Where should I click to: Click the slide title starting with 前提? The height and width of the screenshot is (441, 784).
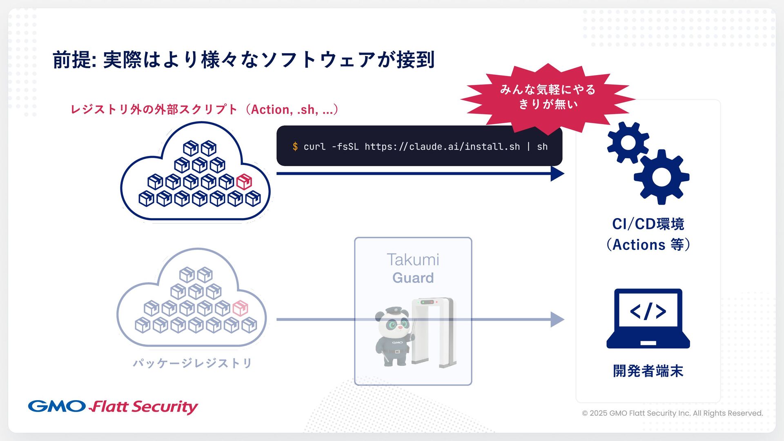[243, 60]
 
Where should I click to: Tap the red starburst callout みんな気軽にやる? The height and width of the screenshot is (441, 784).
[548, 97]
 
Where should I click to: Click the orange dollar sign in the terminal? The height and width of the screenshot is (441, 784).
[295, 147]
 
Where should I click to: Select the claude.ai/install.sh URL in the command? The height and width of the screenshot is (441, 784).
[442, 147]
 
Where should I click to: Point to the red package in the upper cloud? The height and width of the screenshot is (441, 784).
[244, 182]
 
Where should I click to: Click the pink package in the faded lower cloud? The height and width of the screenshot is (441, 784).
[240, 308]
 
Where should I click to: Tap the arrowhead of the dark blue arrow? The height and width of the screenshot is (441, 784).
[557, 174]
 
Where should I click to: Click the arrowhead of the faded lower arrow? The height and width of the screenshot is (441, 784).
[557, 319]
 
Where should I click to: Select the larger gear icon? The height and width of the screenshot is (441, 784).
[661, 177]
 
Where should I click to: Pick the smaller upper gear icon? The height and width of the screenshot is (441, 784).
[628, 143]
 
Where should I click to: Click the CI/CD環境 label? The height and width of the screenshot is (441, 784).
[648, 224]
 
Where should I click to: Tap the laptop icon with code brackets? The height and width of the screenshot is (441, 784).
[648, 318]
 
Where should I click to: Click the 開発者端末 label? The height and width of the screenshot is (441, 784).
[648, 371]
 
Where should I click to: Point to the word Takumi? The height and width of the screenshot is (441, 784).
[413, 260]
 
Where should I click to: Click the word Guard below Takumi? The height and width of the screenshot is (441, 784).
[413, 278]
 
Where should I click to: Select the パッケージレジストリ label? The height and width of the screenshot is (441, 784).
[192, 363]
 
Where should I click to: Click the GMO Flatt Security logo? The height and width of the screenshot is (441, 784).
[113, 406]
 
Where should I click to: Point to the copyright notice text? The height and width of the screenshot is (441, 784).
[672, 413]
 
